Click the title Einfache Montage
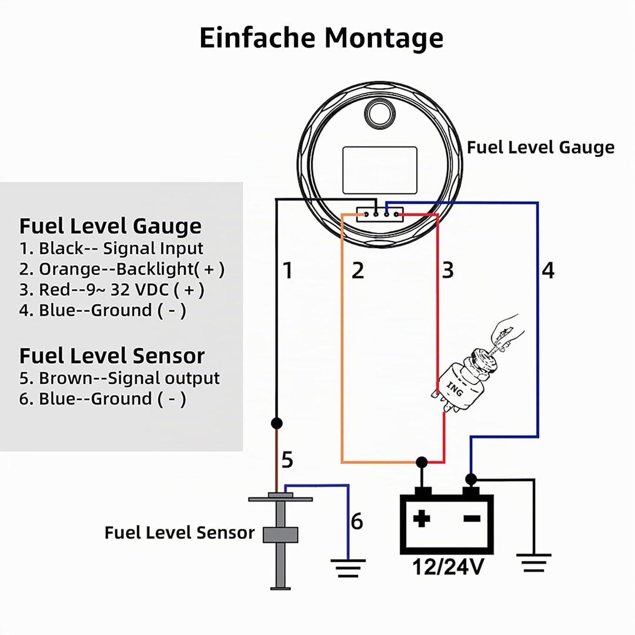click(321, 38)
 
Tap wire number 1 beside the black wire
click(288, 270)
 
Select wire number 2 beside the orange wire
click(357, 270)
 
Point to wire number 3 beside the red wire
click(447, 270)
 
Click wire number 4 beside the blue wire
click(548, 270)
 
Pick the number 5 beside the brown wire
click(287, 460)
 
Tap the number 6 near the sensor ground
click(357, 521)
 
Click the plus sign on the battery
click(422, 519)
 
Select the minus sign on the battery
click(472, 519)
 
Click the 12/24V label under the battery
click(448, 567)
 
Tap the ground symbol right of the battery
click(534, 563)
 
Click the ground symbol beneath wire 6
click(348, 568)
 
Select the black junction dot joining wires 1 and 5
click(276, 423)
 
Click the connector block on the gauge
click(380, 214)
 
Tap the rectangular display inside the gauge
click(380, 171)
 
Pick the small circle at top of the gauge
click(380, 113)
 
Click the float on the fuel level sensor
click(280, 534)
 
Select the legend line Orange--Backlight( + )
click(122, 269)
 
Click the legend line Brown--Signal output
click(119, 378)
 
